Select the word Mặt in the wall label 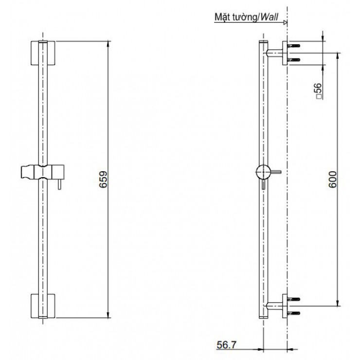coord(223,18)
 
